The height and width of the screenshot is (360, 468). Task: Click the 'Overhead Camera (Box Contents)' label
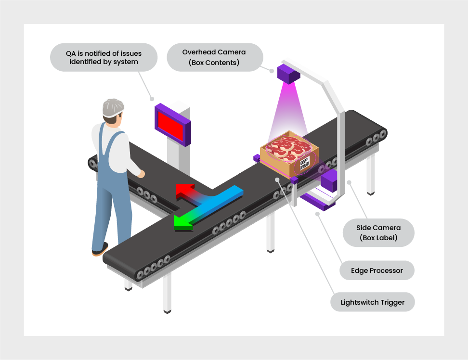(x=214, y=57)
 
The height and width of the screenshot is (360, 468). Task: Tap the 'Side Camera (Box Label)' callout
(x=378, y=232)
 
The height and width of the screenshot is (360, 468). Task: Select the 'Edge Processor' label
(x=377, y=270)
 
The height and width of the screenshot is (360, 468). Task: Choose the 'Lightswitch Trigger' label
(x=372, y=302)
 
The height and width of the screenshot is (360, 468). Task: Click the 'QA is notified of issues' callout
(x=104, y=57)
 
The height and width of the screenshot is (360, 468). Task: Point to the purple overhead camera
(x=287, y=74)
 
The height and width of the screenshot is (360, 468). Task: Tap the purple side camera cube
(x=328, y=181)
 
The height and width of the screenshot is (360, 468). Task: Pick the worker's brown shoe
(x=100, y=249)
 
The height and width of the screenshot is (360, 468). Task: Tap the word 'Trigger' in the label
(x=392, y=302)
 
